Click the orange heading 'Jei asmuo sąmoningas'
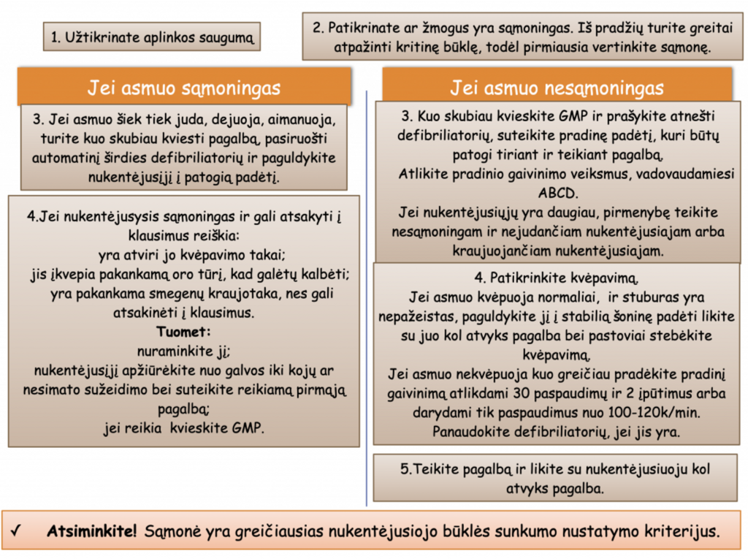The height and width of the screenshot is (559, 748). click(183, 88)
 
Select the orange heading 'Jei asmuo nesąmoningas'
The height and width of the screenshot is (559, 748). click(557, 88)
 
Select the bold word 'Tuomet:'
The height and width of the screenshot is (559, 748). click(183, 331)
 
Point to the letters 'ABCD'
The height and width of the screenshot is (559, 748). click(557, 194)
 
